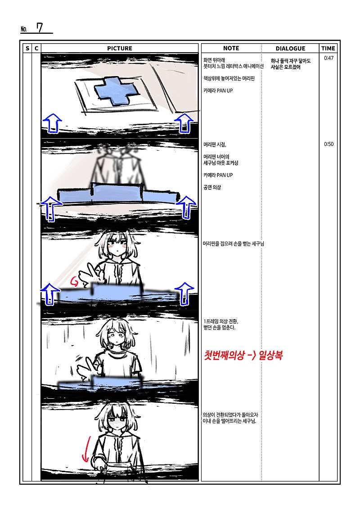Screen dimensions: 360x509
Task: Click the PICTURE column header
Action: (119, 48)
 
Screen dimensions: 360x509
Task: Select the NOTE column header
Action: (231, 48)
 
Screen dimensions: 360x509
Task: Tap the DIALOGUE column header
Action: (291, 48)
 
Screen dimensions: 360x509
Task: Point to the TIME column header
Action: (328, 48)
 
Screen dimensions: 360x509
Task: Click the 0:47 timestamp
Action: (328, 58)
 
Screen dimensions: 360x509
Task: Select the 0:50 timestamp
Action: (328, 144)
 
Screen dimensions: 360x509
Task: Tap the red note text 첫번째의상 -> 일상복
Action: (243, 355)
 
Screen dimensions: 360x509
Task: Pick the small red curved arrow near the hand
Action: (74, 281)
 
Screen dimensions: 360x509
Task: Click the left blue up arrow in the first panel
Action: (52, 123)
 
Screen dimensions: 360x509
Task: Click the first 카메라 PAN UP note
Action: (218, 90)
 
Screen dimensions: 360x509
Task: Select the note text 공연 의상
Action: (212, 187)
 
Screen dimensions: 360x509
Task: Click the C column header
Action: (36, 48)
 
